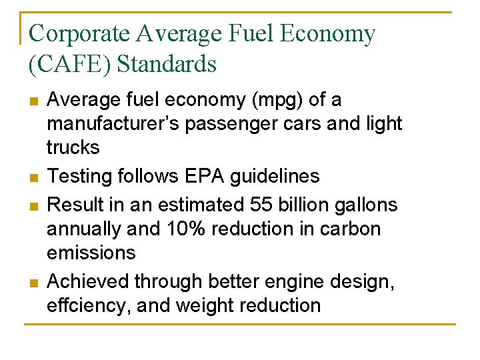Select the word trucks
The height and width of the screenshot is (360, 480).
point(73,147)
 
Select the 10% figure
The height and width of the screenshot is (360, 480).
point(186,229)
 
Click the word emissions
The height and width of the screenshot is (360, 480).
point(91,253)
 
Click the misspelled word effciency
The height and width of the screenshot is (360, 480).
point(90,305)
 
